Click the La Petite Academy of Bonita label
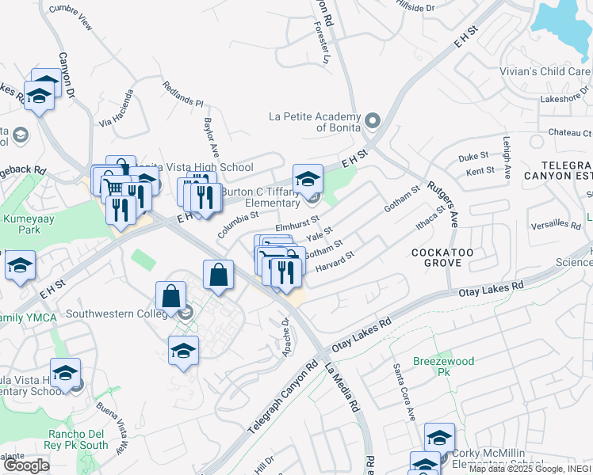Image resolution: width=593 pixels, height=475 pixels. tap(315, 122)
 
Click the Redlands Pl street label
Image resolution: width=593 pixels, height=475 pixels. tap(183, 93)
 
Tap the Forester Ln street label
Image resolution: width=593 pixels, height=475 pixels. tap(321, 43)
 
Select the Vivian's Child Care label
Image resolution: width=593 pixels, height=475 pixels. tap(545, 71)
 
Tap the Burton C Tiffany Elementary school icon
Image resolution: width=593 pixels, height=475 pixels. tap(308, 179)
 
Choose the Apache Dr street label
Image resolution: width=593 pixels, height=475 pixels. tap(286, 336)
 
